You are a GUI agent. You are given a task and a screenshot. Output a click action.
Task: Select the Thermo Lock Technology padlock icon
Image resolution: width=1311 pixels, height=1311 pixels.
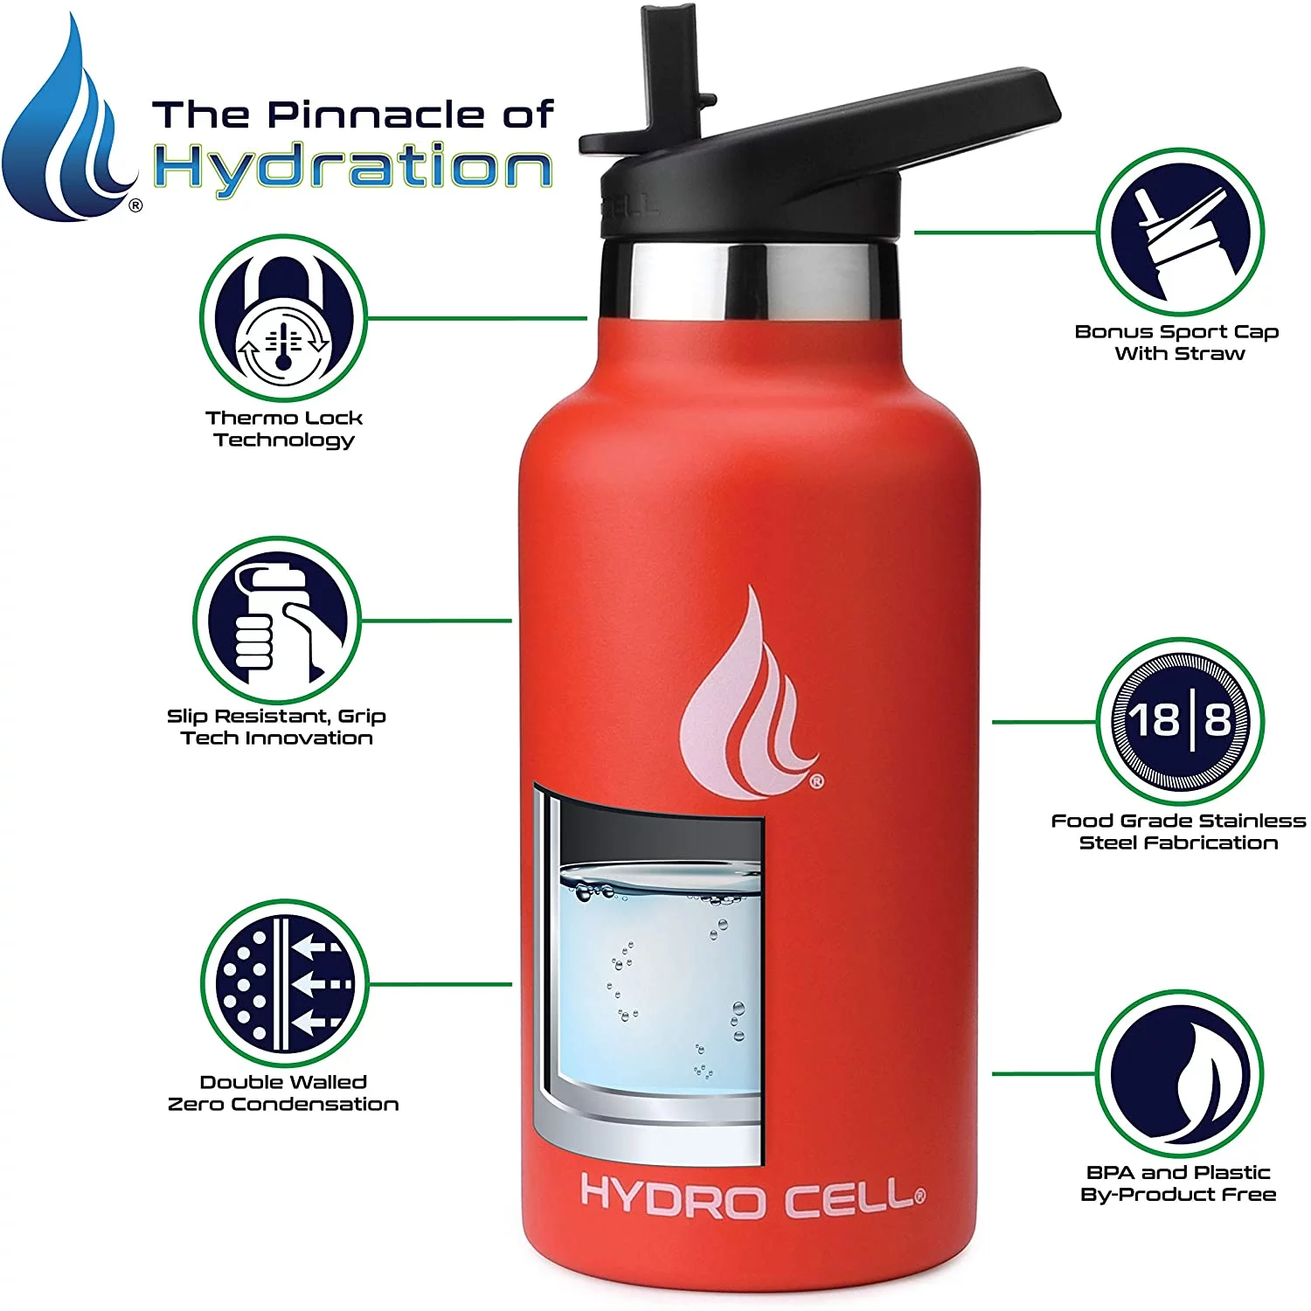point(283,318)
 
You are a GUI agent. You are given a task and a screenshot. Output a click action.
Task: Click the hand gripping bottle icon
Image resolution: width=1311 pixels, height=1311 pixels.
point(276,621)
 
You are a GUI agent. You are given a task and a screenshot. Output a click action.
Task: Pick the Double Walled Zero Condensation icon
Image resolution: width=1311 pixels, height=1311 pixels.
point(284,983)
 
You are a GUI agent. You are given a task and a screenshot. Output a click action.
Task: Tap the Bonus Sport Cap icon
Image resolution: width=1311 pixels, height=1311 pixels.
point(1179,232)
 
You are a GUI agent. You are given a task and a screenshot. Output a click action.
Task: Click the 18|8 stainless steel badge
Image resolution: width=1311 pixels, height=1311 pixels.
point(1179,721)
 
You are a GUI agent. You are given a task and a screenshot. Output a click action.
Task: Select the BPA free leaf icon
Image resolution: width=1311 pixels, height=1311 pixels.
point(1179,1074)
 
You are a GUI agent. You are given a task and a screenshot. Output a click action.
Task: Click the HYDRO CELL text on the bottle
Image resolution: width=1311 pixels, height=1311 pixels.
point(752,1197)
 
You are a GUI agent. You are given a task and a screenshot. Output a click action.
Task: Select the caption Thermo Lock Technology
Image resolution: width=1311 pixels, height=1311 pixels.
point(284,428)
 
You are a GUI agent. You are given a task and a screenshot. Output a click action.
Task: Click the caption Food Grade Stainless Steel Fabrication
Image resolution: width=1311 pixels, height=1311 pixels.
point(1178,831)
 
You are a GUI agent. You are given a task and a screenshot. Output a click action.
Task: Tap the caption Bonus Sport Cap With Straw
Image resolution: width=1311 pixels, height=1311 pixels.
point(1177,343)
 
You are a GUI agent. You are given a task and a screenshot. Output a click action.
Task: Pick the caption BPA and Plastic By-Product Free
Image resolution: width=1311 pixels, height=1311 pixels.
point(1178,1183)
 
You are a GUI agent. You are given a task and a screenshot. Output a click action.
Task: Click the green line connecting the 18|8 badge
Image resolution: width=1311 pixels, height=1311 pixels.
point(1044,722)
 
